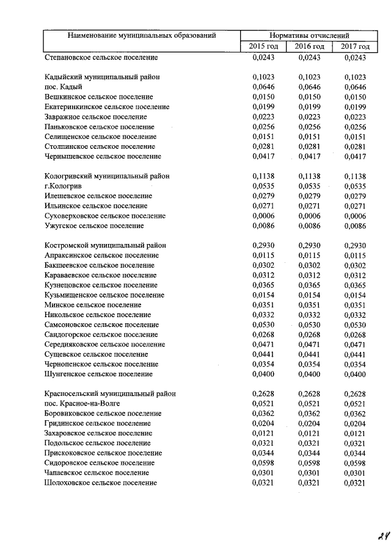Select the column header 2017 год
(x=355, y=46)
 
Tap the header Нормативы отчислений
(x=309, y=36)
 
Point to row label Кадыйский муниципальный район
(x=98, y=77)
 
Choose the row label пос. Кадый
(x=63, y=87)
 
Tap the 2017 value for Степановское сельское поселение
(x=355, y=57)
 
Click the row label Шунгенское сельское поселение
(x=98, y=374)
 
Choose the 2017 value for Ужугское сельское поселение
(x=355, y=226)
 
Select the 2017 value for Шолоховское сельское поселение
(x=355, y=482)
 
